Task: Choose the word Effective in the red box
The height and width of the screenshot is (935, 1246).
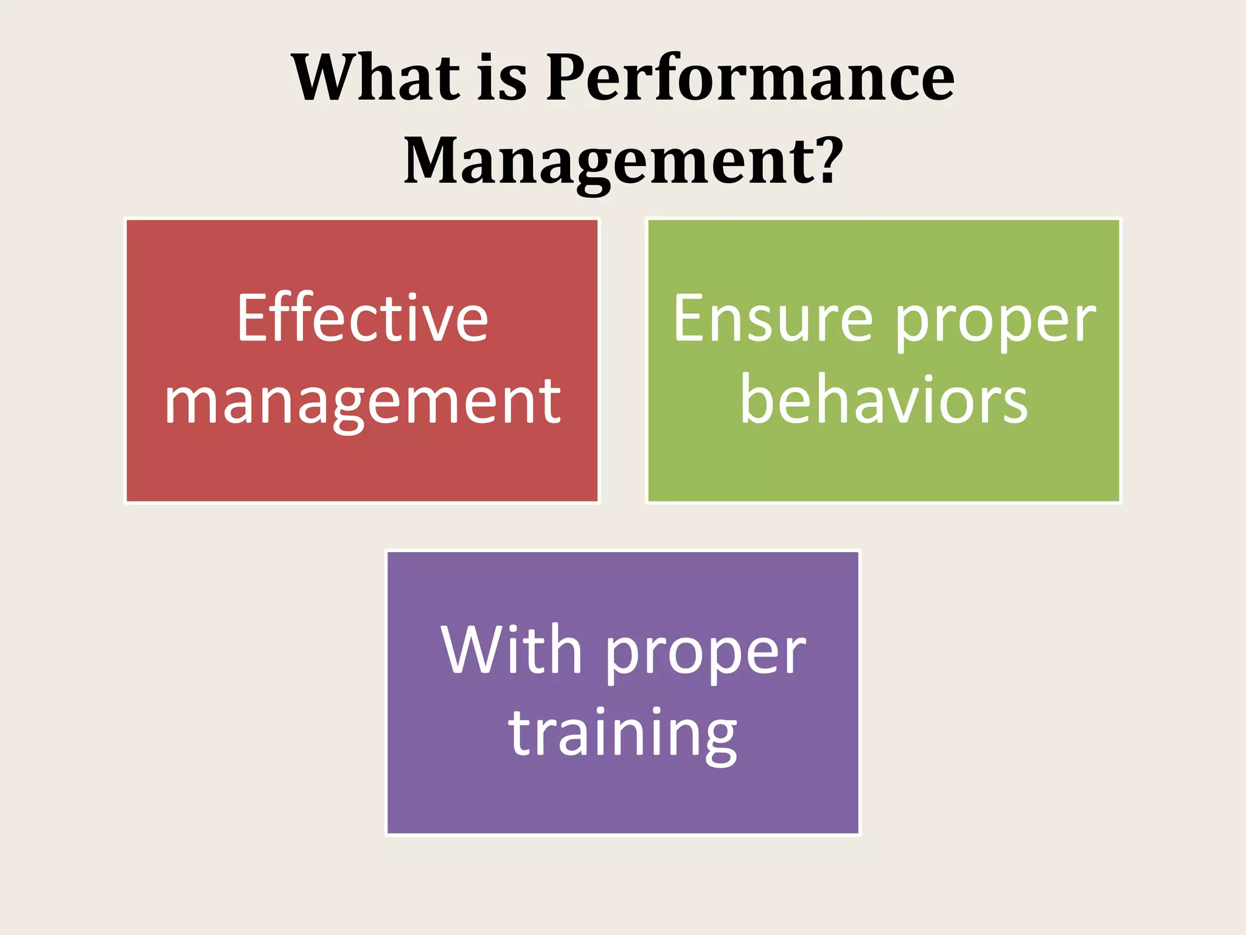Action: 363,318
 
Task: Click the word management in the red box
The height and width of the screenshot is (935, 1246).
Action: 363,402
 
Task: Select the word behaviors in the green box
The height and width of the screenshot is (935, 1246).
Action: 883,399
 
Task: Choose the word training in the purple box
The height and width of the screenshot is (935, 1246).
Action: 623,734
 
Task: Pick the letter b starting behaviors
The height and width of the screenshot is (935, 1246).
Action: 756,398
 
